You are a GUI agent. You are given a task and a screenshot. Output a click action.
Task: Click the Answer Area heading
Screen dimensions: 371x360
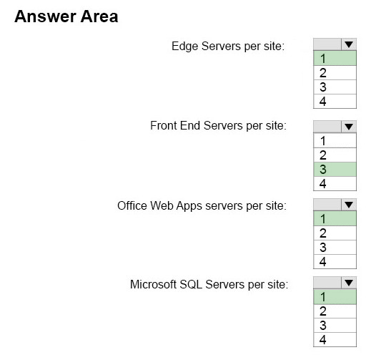point(66,16)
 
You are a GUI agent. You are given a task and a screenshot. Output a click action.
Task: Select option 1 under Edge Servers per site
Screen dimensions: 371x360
point(335,58)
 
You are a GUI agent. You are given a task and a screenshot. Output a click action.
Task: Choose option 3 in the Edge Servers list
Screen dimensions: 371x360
point(335,87)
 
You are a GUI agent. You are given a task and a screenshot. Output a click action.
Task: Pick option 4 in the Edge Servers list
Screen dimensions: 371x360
point(335,102)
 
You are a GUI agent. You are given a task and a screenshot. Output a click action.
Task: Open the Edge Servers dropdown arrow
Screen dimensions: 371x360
point(349,44)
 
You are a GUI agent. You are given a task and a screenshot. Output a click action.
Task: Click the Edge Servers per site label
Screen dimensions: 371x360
point(228,46)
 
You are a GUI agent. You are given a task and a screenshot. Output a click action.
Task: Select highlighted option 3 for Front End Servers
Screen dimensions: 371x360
point(335,170)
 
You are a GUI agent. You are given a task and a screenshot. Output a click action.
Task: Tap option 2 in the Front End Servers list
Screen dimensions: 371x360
point(335,155)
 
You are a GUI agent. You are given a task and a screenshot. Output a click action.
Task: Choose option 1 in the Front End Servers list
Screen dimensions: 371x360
point(335,141)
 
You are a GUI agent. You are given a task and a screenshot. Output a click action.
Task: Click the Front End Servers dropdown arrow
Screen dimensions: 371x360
point(349,127)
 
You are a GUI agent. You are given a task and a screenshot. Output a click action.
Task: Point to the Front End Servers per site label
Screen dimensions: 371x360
point(218,126)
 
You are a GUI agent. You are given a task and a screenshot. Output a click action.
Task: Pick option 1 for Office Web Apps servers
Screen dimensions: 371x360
point(335,218)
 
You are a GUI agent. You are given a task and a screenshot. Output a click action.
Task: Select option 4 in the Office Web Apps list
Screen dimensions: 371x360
point(335,262)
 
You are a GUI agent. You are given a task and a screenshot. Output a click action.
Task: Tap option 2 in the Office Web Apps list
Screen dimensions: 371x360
point(335,233)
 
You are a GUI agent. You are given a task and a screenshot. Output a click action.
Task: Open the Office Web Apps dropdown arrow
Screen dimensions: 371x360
point(349,205)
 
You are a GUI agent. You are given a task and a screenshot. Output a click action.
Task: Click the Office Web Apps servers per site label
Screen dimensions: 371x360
point(202,206)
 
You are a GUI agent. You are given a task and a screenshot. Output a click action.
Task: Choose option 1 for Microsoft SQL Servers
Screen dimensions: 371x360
point(335,297)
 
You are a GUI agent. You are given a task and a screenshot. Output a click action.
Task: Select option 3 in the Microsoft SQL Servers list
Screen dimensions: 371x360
point(335,326)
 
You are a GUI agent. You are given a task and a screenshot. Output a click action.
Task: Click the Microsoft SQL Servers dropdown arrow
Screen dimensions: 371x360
point(349,283)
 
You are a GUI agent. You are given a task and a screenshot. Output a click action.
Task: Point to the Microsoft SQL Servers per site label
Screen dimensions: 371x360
point(209,284)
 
